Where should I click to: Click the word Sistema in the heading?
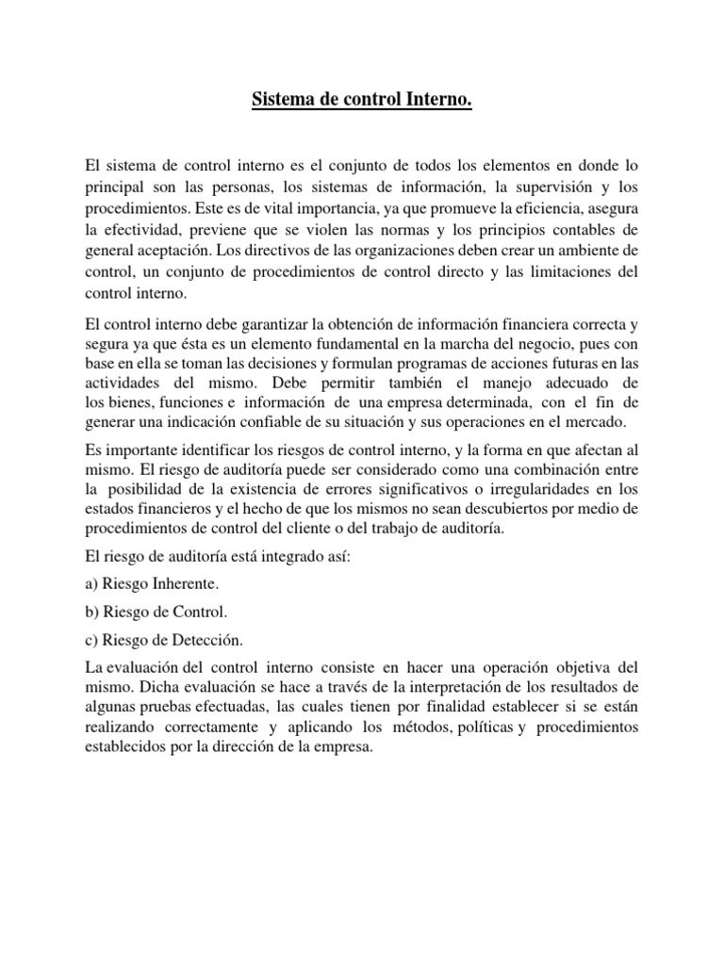[x=282, y=98]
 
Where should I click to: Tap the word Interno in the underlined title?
[x=436, y=98]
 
